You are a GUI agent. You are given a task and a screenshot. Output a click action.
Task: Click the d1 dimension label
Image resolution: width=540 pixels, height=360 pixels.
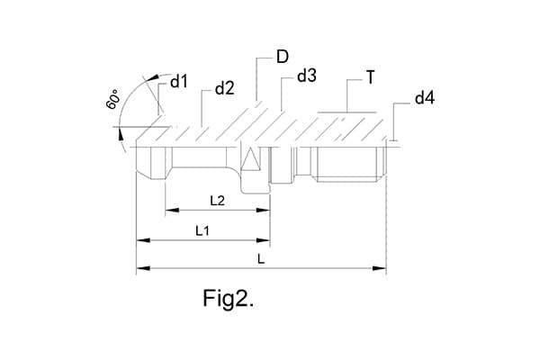(178, 82)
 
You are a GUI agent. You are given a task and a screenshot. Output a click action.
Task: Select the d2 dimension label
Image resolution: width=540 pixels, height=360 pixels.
(224, 88)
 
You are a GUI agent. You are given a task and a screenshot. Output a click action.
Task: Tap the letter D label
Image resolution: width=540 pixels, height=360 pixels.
(282, 57)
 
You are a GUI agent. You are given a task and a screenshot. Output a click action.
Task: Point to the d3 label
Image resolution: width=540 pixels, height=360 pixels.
(306, 76)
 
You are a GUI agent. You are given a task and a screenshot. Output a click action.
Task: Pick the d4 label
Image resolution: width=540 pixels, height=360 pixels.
(425, 97)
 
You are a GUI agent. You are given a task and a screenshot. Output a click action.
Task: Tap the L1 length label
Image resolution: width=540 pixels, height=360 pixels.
(202, 231)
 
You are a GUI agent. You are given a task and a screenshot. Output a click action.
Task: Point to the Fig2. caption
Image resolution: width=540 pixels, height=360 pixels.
(228, 299)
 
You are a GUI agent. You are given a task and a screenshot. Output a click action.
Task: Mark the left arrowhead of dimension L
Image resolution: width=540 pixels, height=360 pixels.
(139, 268)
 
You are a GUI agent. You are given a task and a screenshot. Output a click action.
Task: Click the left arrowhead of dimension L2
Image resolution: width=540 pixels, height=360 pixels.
(168, 211)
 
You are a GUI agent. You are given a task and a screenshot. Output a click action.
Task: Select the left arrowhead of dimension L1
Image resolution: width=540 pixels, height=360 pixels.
(139, 241)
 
